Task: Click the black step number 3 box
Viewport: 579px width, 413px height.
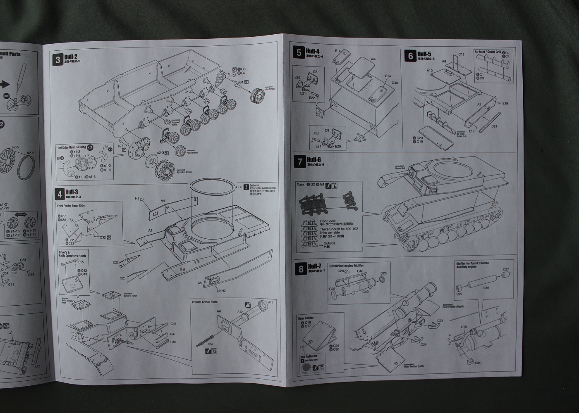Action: pos(58,59)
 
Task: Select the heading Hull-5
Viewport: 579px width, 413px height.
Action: pos(424,54)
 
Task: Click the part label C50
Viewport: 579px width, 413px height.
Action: pos(239,187)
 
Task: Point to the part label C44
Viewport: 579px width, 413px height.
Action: pos(372,59)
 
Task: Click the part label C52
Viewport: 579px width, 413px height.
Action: pos(211,344)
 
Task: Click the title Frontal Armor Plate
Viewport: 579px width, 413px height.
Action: pos(205,302)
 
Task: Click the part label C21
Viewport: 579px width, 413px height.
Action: pos(494,126)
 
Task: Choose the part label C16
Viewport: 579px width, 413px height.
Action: pos(486,288)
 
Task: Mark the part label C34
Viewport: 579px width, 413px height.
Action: pos(477,363)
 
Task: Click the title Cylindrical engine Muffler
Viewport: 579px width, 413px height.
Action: pos(346,266)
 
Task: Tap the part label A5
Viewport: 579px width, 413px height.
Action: pos(200,283)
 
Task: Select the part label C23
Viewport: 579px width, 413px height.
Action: pos(122,278)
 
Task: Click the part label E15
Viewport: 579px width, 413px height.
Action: pos(81,262)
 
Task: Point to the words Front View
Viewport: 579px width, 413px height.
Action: pos(327,221)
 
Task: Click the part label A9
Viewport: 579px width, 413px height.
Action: pos(444,61)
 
